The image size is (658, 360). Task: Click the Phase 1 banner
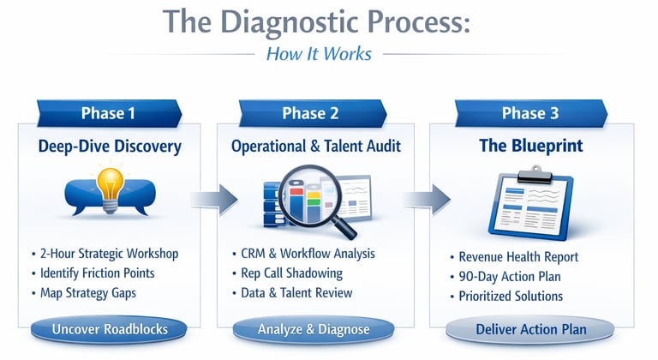pyautogui.click(x=108, y=113)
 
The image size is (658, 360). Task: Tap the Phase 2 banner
pyautogui.click(x=309, y=113)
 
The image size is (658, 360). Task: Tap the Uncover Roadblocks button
pyautogui.click(x=109, y=329)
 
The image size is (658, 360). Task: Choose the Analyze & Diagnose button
pyautogui.click(x=314, y=329)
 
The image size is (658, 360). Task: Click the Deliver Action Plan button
pyautogui.click(x=531, y=329)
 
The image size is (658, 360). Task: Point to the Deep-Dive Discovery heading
pyautogui.click(x=110, y=147)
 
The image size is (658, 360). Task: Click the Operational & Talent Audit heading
pyautogui.click(x=315, y=147)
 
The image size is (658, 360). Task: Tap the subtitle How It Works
pyautogui.click(x=319, y=54)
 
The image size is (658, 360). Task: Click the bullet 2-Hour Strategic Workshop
pyautogui.click(x=109, y=255)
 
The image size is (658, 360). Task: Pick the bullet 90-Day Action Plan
pyautogui.click(x=510, y=276)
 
